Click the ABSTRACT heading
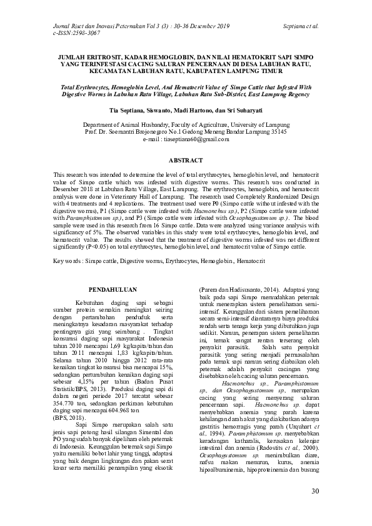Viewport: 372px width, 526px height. [x=186, y=161]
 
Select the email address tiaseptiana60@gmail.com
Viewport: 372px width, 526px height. [x=193, y=139]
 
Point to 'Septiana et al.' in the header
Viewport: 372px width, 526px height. [x=301, y=27]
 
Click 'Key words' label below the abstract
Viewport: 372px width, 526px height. [x=68, y=259]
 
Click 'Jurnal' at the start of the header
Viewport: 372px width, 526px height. [x=62, y=27]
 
